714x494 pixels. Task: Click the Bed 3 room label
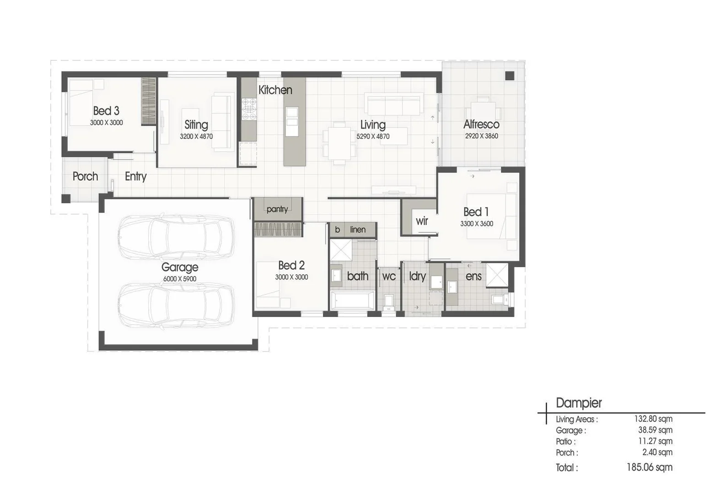pyautogui.click(x=106, y=111)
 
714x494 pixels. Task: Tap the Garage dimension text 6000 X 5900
pyautogui.click(x=180, y=279)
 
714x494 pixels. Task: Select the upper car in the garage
pyautogui.click(x=176, y=237)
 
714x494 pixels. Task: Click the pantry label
pyautogui.click(x=277, y=209)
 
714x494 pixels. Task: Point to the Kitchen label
pyautogui.click(x=275, y=90)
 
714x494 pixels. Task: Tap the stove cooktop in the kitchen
pyautogui.click(x=249, y=109)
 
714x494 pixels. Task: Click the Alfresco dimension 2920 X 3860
pyautogui.click(x=481, y=136)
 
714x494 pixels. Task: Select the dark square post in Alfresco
pyautogui.click(x=510, y=76)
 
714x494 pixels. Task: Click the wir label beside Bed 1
pyautogui.click(x=422, y=221)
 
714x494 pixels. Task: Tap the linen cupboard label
pyautogui.click(x=358, y=230)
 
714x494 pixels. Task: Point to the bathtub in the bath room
pyautogui.click(x=353, y=301)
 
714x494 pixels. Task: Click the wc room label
pyautogui.click(x=389, y=276)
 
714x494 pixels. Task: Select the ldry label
pyautogui.click(x=417, y=276)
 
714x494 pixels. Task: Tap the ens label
pyautogui.click(x=473, y=276)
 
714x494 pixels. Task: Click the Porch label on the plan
pyautogui.click(x=85, y=177)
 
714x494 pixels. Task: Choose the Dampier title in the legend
pyautogui.click(x=579, y=403)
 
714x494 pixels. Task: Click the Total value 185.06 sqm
pyautogui.click(x=649, y=467)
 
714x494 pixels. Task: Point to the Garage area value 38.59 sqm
pyautogui.click(x=655, y=430)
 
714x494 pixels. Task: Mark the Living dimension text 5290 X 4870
pyautogui.click(x=373, y=136)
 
